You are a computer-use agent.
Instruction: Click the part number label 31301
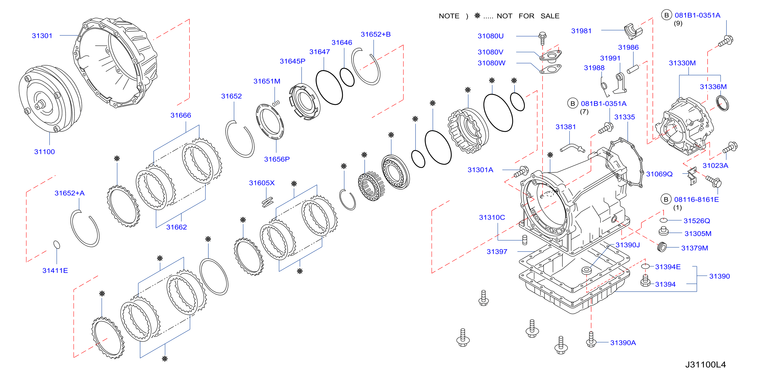[42, 36]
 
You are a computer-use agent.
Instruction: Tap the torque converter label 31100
[45, 152]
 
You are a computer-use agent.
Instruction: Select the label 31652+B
[376, 35]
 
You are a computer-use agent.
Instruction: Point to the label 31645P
[292, 61]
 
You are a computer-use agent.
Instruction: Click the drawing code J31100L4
[705, 365]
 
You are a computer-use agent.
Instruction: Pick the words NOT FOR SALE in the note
[528, 16]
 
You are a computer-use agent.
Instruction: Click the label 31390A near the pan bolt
[623, 343]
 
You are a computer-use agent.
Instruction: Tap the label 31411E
[55, 271]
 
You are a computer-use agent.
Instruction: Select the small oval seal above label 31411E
[56, 245]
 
